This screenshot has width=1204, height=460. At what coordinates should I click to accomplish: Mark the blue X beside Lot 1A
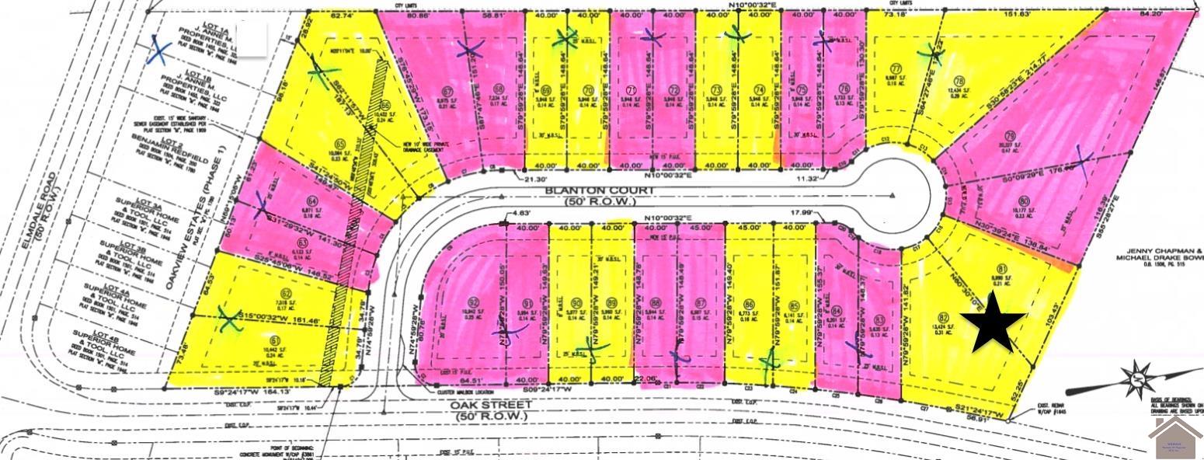click(x=159, y=51)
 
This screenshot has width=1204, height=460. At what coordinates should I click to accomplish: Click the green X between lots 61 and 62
click(x=228, y=316)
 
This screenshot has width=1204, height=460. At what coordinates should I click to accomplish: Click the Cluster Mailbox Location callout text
click(x=431, y=392)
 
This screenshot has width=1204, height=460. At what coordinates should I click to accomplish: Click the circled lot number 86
click(x=749, y=304)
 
